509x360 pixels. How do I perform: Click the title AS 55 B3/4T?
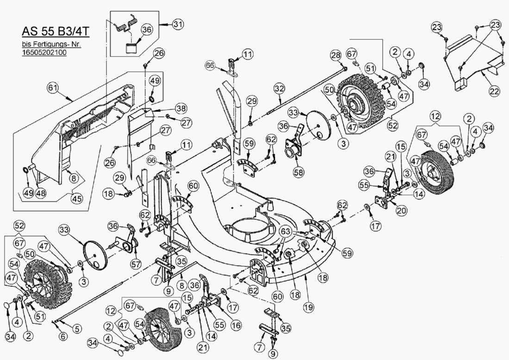[56, 31]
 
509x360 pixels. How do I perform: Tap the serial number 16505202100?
[44, 53]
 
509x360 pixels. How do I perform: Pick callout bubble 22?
[494, 91]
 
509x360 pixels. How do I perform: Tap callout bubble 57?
[136, 264]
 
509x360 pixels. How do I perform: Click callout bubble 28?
[336, 56]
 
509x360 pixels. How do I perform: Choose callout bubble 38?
[180, 108]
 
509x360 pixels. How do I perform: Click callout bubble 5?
[78, 329]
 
